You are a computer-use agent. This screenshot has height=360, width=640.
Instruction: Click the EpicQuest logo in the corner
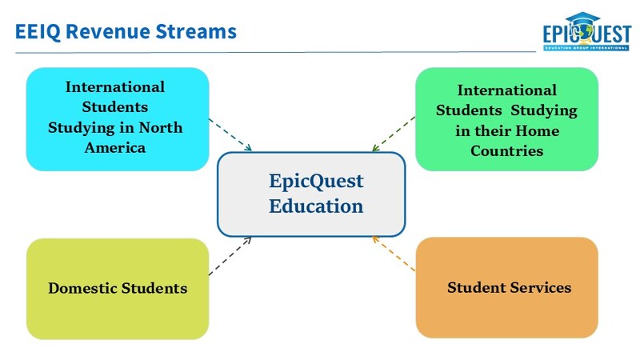click(586, 34)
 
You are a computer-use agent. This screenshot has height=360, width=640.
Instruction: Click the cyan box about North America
click(117, 118)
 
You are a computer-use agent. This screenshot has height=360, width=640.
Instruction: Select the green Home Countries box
click(506, 118)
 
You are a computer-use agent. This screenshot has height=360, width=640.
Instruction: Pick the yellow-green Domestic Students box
click(117, 288)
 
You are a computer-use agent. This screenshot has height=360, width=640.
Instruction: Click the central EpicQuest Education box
click(311, 194)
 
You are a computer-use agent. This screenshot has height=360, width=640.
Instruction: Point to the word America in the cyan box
click(117, 147)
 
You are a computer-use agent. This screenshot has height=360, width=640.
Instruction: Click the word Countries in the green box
click(506, 150)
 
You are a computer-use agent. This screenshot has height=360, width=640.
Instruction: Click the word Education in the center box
click(316, 206)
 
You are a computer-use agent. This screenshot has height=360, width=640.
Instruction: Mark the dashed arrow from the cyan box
click(230, 134)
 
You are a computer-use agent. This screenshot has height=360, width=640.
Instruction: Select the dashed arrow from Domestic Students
click(230, 256)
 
